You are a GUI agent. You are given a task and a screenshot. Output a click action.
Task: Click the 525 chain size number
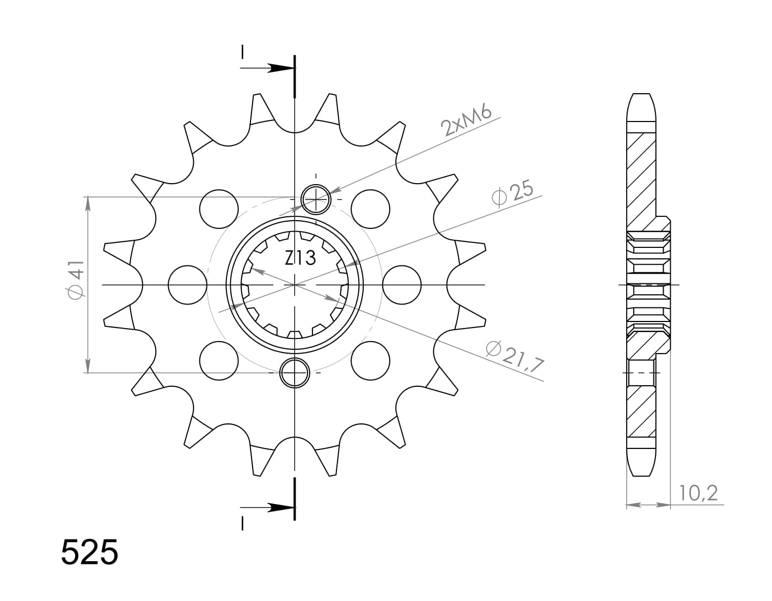coord(89,552)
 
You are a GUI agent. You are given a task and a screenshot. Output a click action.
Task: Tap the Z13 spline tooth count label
coord(300,258)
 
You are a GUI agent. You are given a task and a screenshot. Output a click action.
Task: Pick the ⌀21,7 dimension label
coord(515,356)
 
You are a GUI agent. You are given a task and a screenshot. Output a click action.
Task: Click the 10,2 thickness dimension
coord(698,493)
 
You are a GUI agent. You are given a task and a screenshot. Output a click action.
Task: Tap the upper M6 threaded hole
coord(316,199)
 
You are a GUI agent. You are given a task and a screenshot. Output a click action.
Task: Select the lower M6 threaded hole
coord(295,373)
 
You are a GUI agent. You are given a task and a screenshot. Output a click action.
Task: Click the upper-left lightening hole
coord(219,209)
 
